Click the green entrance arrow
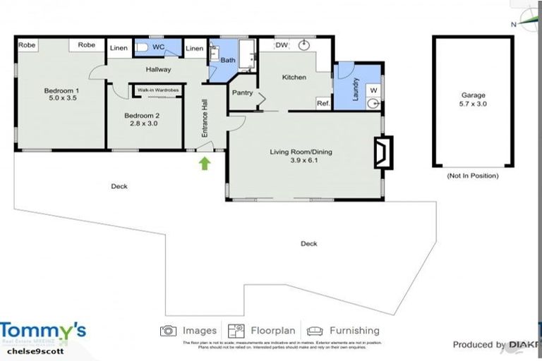pyautogui.click(x=205, y=164)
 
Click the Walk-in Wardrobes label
pyautogui.click(x=157, y=90)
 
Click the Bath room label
pyautogui.click(x=228, y=61)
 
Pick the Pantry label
pyautogui.click(x=242, y=92)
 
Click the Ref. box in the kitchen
pyautogui.click(x=323, y=103)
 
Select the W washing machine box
pyautogui.click(x=373, y=90)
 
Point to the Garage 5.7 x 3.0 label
pyautogui.click(x=474, y=99)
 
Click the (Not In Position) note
pyautogui.click(x=473, y=176)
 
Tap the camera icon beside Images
pyautogui.click(x=168, y=331)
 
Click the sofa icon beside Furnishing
pyautogui.click(x=315, y=331)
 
